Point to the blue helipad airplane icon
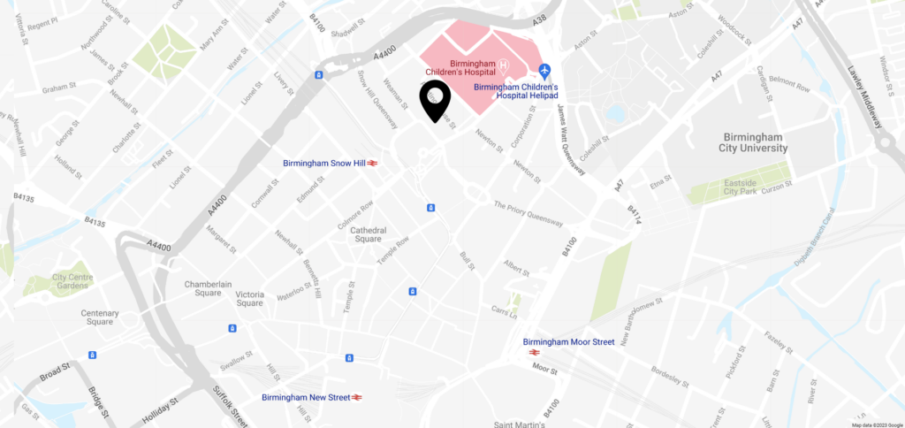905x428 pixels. (x=544, y=69)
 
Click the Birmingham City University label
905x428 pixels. (x=754, y=143)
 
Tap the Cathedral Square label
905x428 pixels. (x=361, y=233)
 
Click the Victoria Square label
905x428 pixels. (x=249, y=299)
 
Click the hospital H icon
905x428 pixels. (x=503, y=66)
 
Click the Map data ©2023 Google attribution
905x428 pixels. (x=877, y=424)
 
